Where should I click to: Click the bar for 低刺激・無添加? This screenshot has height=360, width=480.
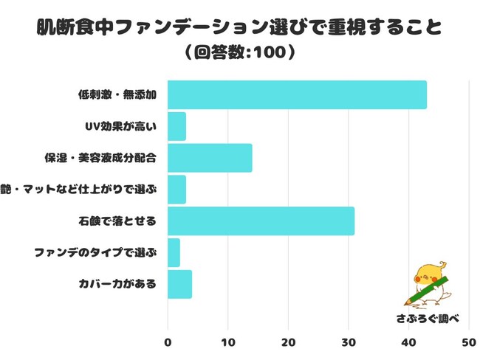coord(297,95)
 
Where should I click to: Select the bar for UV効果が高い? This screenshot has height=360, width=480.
coord(176,126)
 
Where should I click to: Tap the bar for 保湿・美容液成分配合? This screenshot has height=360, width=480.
coord(210,158)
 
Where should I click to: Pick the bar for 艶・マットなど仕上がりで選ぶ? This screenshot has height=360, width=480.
coord(176,190)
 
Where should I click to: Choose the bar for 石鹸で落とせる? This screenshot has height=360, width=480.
coord(261,221)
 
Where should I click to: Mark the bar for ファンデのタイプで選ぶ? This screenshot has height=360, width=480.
coord(174,252)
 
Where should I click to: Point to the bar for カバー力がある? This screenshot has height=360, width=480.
coord(179,284)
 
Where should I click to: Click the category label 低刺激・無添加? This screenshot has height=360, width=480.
coord(117,95)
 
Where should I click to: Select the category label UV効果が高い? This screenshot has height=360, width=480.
coord(121,127)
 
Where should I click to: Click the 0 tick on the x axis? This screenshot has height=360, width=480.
coord(168,343)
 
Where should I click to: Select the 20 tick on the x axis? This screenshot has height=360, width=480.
coord(288,343)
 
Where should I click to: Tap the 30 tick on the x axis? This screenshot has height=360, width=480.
coord(348,343)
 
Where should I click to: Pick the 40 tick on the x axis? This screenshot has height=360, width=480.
coord(408,343)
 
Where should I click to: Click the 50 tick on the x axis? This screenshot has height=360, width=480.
coord(468,343)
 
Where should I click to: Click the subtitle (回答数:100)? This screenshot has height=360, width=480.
coord(239,54)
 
